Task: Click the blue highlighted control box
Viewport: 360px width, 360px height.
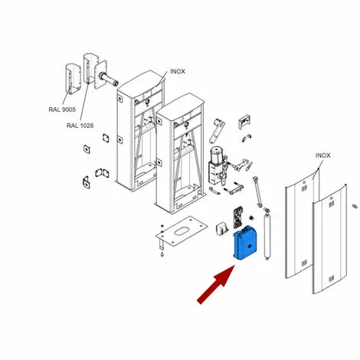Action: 245,243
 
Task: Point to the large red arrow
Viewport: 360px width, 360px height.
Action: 216,284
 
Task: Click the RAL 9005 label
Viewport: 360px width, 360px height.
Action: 62,110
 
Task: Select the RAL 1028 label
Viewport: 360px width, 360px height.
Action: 80,126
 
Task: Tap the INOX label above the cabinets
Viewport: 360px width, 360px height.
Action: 178,71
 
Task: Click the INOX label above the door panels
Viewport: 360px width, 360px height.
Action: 322,155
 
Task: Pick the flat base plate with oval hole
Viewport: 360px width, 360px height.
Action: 182,231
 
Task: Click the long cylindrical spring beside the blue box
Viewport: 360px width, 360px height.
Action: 267,234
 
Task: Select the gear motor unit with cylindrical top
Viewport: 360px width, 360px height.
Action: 216,165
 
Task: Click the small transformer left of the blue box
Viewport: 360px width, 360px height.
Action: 221,228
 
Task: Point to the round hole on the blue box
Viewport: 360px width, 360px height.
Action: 250,246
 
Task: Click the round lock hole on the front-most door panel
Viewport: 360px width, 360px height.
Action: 332,198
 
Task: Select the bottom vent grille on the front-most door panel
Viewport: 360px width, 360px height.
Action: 331,278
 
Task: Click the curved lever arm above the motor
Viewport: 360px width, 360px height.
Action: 217,131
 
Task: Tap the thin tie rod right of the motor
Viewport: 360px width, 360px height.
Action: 257,191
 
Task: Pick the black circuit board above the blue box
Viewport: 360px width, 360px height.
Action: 238,218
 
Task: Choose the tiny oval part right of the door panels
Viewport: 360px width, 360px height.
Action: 355,206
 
